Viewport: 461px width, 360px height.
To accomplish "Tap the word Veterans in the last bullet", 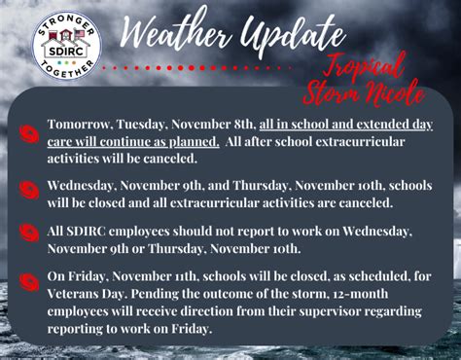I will (86, 293).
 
